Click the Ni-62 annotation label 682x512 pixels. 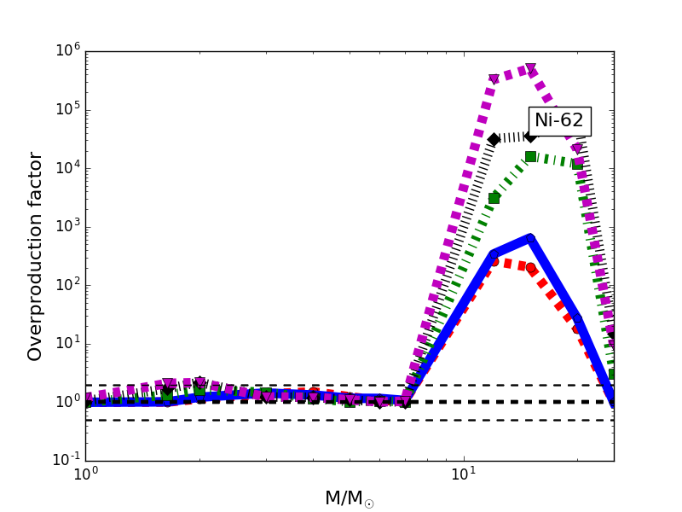[559, 121]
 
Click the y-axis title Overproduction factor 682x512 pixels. [35, 256]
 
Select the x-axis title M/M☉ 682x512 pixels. [349, 498]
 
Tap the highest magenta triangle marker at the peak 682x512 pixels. [530, 68]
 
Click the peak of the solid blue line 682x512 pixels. [530, 238]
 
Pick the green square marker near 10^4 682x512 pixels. [530, 156]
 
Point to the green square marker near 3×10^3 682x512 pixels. [494, 198]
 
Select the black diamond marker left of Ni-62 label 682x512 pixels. [494, 139]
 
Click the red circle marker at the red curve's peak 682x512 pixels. [494, 261]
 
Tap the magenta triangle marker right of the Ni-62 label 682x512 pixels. [577, 148]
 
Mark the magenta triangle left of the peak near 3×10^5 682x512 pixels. [494, 79]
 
